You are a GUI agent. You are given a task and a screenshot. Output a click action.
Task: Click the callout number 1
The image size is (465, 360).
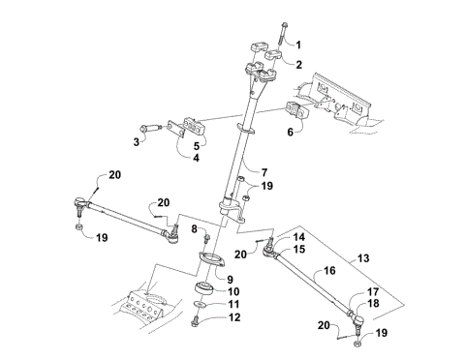pyautogui.click(x=298, y=45)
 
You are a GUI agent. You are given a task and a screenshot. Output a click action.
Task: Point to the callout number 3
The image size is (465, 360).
pyautogui.click(x=138, y=141)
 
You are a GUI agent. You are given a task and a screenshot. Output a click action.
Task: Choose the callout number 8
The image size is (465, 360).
pyautogui.click(x=193, y=229)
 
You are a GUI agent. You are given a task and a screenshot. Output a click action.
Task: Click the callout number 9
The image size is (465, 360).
pyautogui.click(x=231, y=279)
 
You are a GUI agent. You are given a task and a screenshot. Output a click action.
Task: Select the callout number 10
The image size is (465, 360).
pyautogui.click(x=232, y=290)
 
